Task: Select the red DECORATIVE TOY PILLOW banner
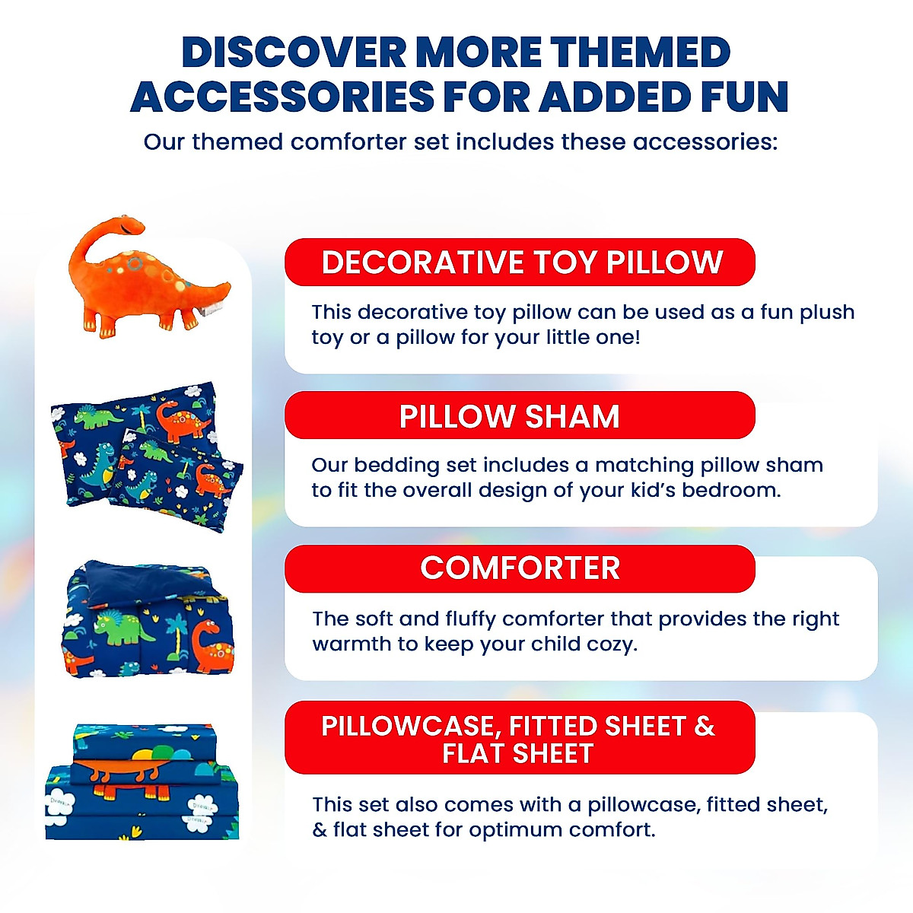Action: click(x=520, y=262)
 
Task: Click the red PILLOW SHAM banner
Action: click(x=520, y=416)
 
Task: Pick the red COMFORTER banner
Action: click(x=520, y=568)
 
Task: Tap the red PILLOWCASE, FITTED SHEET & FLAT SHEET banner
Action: click(x=520, y=738)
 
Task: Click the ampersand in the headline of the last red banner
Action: click(x=705, y=727)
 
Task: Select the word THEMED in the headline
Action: click(x=641, y=53)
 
